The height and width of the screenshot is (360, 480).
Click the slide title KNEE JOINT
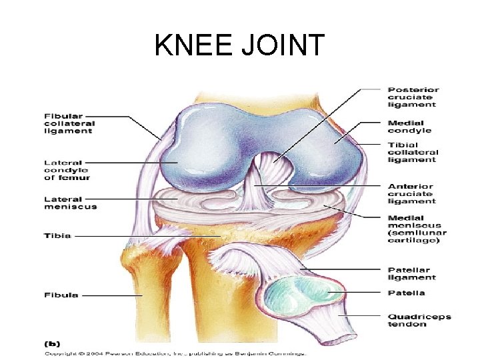(x=239, y=46)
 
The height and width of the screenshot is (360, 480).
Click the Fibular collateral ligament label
(x=69, y=123)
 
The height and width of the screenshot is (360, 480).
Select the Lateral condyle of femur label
(x=67, y=169)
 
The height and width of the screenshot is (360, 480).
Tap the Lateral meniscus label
(x=70, y=202)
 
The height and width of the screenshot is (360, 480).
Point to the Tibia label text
(x=57, y=235)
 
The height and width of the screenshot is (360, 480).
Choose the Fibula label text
(x=61, y=295)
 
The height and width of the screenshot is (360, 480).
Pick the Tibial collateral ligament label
(x=411, y=152)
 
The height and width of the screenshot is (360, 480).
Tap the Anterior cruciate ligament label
(x=411, y=193)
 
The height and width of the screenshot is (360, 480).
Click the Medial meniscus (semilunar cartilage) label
(x=417, y=228)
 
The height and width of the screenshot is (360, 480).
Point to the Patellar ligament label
(x=411, y=273)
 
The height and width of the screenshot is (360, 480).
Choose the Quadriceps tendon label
(x=416, y=320)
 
